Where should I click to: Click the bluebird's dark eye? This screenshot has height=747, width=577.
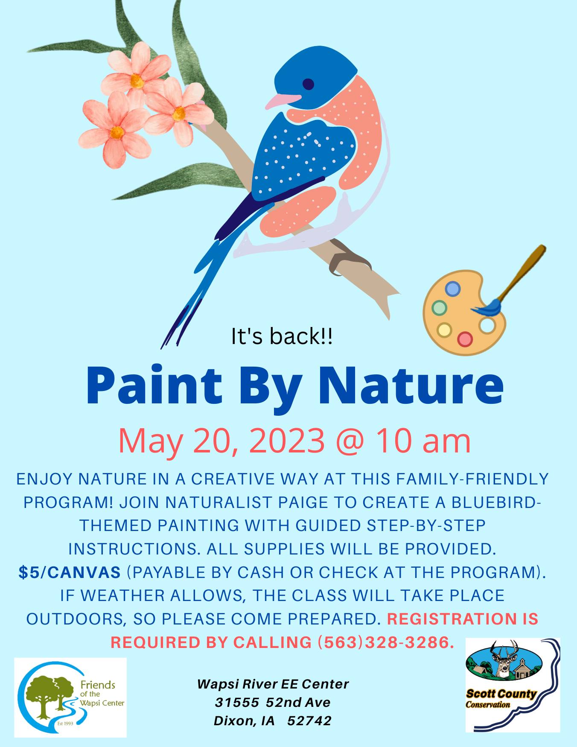308,84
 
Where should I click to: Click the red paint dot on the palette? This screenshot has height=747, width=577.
465,339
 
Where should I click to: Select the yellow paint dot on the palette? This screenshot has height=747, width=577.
444,329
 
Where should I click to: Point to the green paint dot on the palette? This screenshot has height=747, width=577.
439,307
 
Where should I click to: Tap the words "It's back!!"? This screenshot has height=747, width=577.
282,336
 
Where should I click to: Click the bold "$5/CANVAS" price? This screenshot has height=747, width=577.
70,572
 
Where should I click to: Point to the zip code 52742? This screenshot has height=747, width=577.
309,721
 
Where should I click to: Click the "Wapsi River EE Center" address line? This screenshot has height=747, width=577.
273,684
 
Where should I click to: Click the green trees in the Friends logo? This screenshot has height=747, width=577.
50,697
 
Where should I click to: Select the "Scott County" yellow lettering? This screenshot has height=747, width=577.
501,694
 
